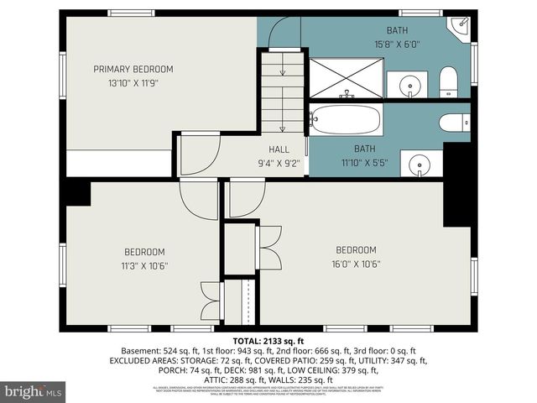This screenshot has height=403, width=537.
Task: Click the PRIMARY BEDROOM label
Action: (133, 69)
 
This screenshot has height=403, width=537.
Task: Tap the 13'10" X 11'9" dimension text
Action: (133, 83)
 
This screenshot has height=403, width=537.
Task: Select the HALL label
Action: (279, 149)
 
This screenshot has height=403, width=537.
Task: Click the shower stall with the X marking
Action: (346, 78)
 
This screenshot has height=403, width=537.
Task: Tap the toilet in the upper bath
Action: (448, 82)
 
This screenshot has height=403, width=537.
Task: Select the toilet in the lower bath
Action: (452, 123)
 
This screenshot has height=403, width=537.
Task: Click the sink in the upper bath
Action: (409, 85)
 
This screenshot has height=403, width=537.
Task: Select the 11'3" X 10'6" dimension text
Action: (144, 265)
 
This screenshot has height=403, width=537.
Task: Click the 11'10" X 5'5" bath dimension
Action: (364, 163)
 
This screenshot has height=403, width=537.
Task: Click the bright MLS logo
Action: (34, 391)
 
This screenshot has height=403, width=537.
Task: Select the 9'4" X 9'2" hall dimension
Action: (279, 163)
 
